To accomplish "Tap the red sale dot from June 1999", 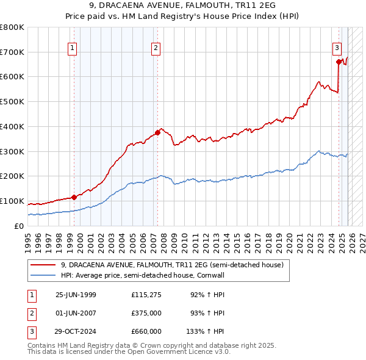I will tap(74, 197).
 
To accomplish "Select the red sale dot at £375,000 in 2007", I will tap(157, 132).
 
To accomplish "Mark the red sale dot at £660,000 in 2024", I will tap(339, 61).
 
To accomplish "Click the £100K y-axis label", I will tap(13, 201).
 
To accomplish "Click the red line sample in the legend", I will tap(44, 265).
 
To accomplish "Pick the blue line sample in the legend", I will tap(44, 275).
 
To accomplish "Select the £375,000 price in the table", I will tap(146, 313).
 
